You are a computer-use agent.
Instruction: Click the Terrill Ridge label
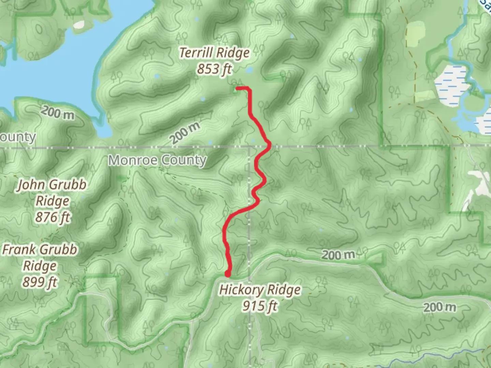[x=214, y=53]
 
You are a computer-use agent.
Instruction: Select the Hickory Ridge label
[x=260, y=290]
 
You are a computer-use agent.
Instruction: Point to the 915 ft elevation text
[x=260, y=306]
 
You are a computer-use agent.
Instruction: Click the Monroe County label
[x=157, y=160]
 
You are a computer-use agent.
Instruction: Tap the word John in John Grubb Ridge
[x=31, y=185]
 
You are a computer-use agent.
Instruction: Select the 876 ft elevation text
[x=53, y=217]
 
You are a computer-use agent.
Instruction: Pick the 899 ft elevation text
[x=40, y=282]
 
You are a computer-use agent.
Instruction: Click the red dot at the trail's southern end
[x=227, y=274]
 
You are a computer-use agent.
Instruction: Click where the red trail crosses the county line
[x=269, y=147]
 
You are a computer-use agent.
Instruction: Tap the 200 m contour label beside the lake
[x=57, y=113]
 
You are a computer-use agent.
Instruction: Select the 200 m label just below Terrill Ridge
[x=185, y=133]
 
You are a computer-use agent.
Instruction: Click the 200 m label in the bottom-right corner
[x=440, y=307]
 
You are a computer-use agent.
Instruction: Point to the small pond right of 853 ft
[x=249, y=70]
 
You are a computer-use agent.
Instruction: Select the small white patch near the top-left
[x=78, y=25]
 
